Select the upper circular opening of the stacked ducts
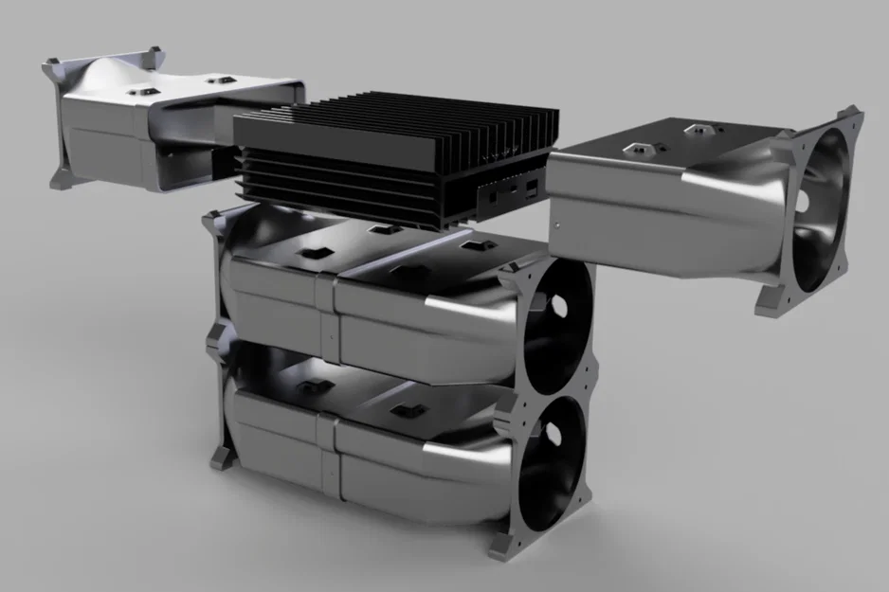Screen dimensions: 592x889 557,318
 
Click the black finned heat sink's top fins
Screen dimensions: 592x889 398,128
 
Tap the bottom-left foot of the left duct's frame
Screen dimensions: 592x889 64,180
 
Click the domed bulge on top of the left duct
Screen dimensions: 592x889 104,76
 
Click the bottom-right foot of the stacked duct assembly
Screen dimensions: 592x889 500,547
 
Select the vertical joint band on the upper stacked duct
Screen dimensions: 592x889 327,313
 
